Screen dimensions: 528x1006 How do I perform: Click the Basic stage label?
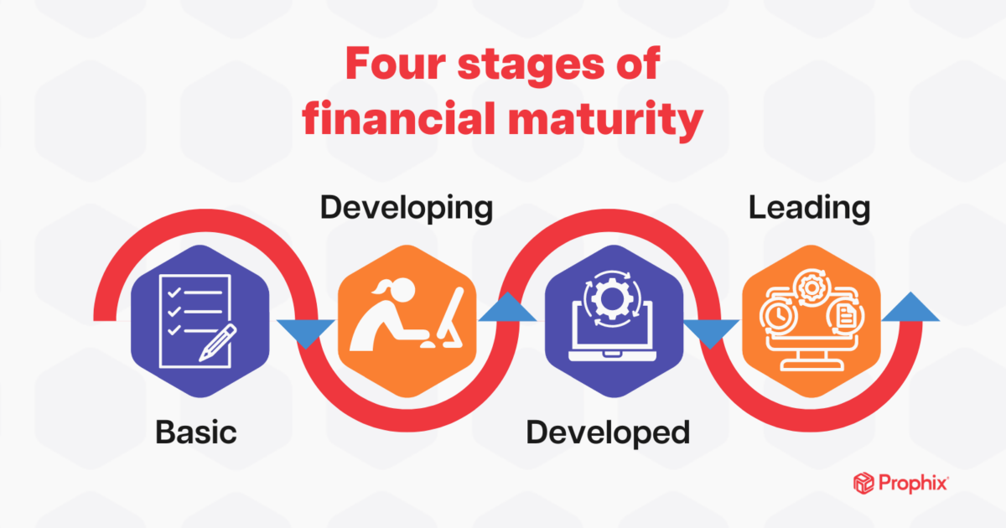[196, 432]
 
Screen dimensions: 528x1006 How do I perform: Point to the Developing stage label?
[406, 208]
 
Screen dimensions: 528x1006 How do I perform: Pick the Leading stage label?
[809, 208]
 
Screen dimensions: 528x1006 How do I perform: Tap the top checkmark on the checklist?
[174, 293]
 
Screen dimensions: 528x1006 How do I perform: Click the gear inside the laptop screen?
[604, 303]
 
